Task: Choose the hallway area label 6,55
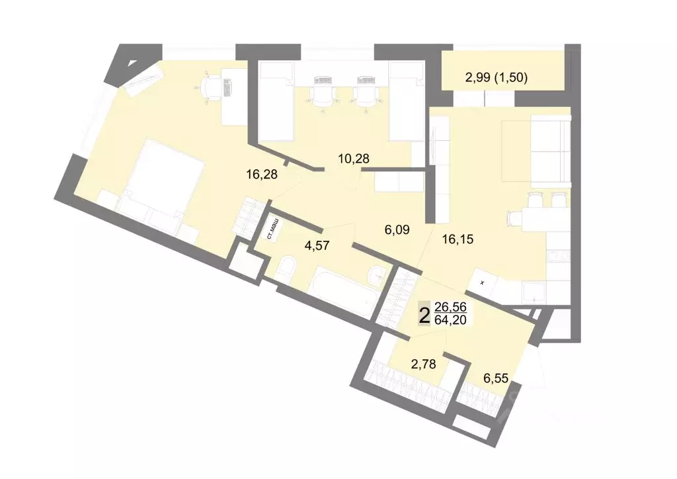497,378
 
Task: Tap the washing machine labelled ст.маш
270,229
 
